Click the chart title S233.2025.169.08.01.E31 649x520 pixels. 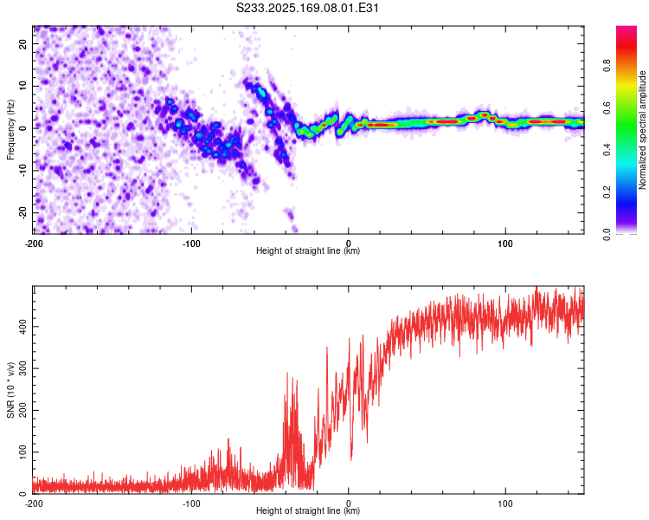coord(307,8)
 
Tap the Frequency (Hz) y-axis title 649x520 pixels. coord(10,130)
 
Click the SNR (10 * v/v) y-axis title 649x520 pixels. coord(10,390)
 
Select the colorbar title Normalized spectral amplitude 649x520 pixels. coord(642,130)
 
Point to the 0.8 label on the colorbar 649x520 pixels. coord(607,66)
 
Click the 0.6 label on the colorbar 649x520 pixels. coord(607,107)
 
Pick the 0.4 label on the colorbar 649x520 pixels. coord(607,150)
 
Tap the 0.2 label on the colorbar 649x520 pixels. coord(607,192)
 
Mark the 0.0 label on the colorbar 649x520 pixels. coord(607,234)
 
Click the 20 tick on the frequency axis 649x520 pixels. coord(22,44)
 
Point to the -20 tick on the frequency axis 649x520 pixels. coord(22,212)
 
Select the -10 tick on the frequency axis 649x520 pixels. coord(22,171)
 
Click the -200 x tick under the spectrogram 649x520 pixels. coord(34,244)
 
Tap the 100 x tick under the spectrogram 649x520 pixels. coord(505,244)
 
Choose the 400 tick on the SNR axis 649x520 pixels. coord(22,327)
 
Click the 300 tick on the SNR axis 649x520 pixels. coord(22,368)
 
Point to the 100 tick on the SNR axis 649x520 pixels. coord(22,452)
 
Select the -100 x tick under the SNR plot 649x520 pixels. coord(191,504)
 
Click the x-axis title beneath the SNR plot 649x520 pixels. coord(308,510)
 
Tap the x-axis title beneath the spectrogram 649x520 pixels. coord(308,250)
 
